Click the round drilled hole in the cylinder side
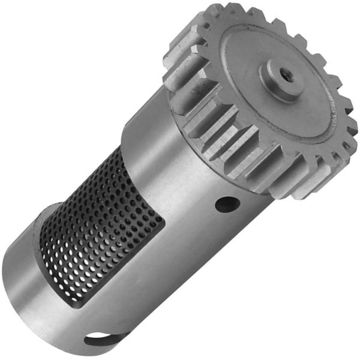pos(227,203)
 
